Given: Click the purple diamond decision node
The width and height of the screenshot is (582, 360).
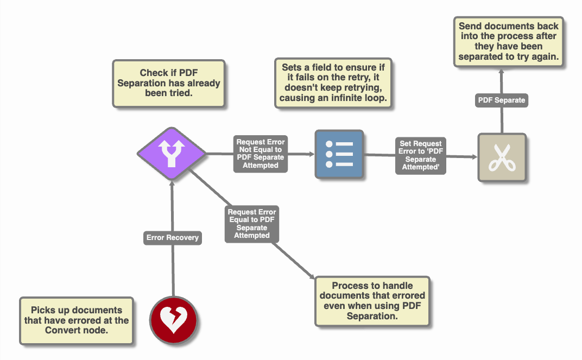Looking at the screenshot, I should click(x=172, y=154).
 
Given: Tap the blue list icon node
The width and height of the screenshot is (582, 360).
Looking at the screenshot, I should click(x=339, y=154).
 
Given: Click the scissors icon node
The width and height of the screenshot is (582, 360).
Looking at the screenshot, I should click(x=502, y=157).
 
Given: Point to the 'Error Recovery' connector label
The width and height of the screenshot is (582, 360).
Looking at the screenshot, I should click(x=173, y=237).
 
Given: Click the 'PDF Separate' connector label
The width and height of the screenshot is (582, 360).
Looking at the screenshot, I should click(x=501, y=100).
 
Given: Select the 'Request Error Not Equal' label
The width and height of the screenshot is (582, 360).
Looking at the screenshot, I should click(x=261, y=154).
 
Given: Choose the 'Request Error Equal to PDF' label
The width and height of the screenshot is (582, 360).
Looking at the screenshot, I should click(x=252, y=224).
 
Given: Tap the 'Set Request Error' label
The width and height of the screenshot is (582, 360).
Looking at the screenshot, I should click(x=421, y=156).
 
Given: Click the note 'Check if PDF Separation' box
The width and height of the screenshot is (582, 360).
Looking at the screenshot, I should click(x=168, y=83).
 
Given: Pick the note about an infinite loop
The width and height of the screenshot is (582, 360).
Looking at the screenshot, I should click(x=333, y=83).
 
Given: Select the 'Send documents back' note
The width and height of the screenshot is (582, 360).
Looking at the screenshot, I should click(x=508, y=41).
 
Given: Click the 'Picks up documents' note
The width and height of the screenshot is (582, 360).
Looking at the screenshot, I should click(x=77, y=320).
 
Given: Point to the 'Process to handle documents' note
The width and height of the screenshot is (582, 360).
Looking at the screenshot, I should click(x=372, y=301).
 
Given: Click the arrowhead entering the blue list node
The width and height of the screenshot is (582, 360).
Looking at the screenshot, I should click(x=312, y=154).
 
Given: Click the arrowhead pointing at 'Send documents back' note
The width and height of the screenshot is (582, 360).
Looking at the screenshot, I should click(x=501, y=71).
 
